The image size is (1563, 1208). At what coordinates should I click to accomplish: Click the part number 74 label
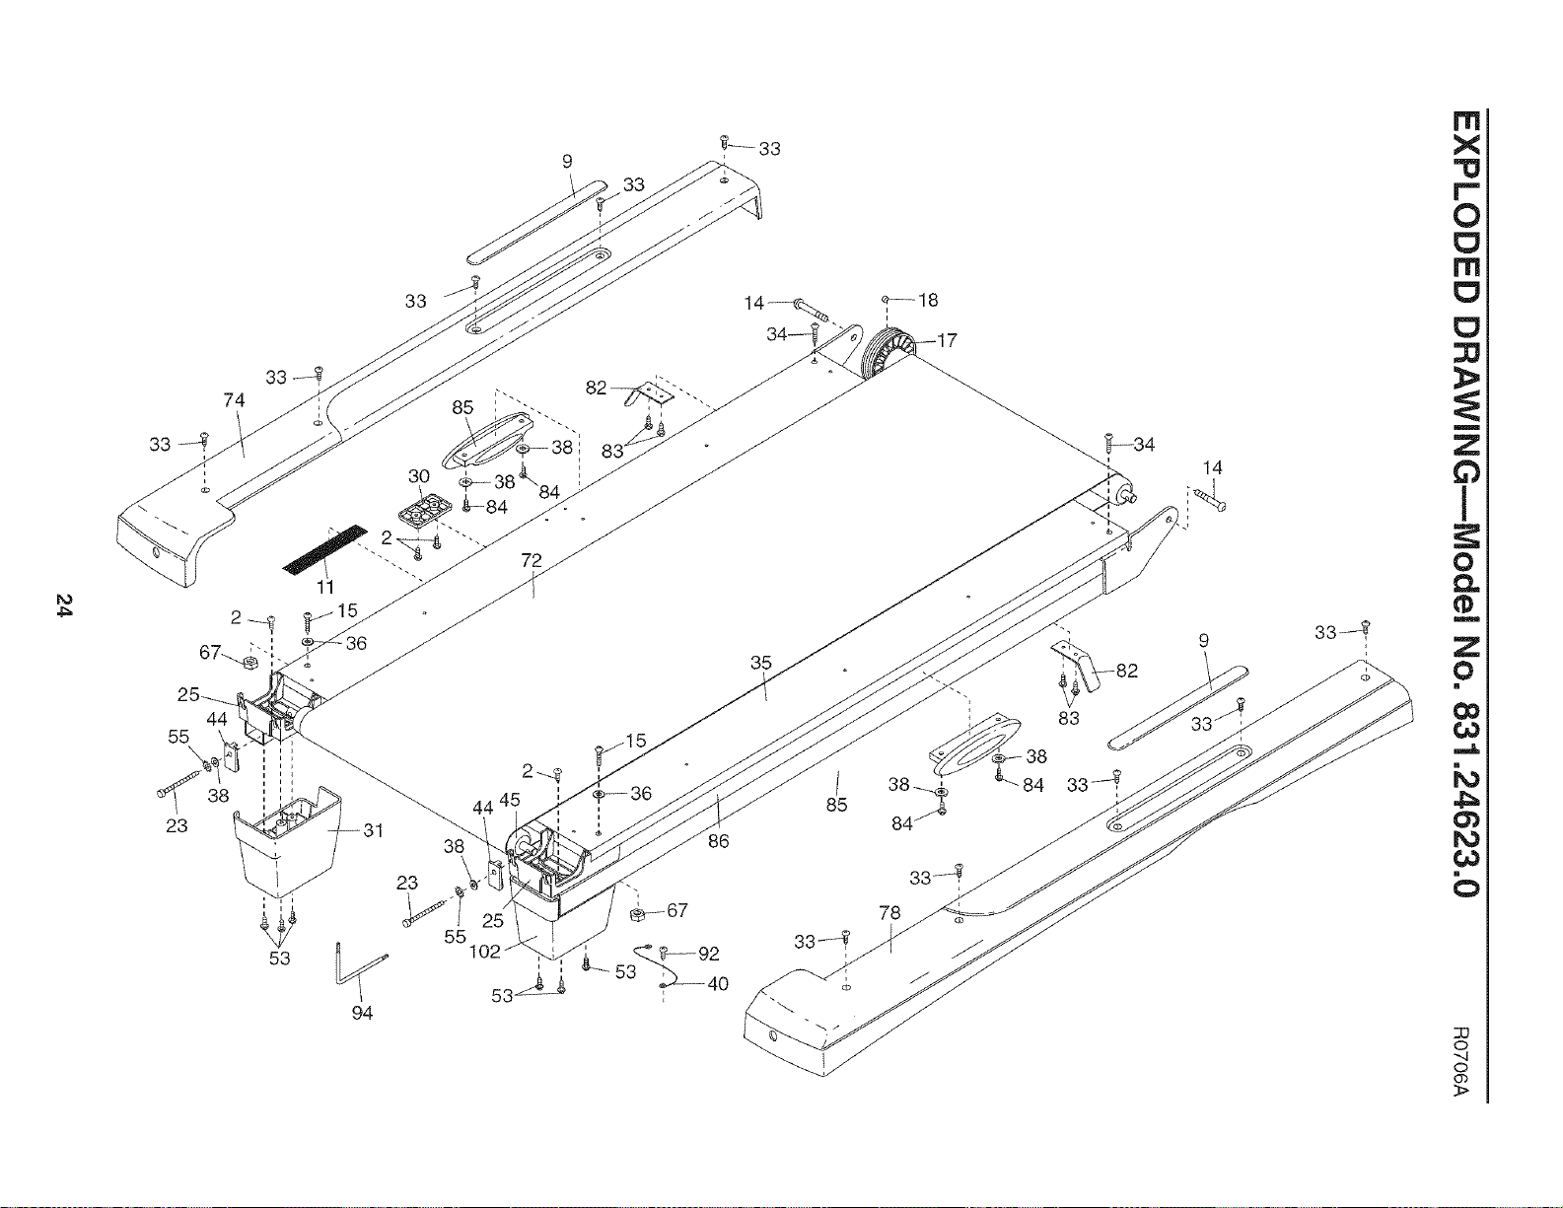click(x=235, y=400)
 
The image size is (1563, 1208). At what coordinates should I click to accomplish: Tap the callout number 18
click(x=929, y=301)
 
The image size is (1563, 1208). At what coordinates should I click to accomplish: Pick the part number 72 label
click(x=531, y=560)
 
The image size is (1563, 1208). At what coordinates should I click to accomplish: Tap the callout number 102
click(x=484, y=952)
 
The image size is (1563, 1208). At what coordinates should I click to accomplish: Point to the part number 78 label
click(x=889, y=912)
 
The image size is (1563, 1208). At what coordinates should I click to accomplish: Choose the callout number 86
click(x=719, y=840)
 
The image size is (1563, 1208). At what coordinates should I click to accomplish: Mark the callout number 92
click(x=708, y=954)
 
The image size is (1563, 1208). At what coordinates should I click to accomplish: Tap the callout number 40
click(x=718, y=984)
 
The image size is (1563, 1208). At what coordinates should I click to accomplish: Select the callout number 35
click(x=760, y=663)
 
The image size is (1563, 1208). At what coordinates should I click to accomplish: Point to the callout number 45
click(x=509, y=800)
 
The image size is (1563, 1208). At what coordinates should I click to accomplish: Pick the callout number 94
click(x=362, y=1013)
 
